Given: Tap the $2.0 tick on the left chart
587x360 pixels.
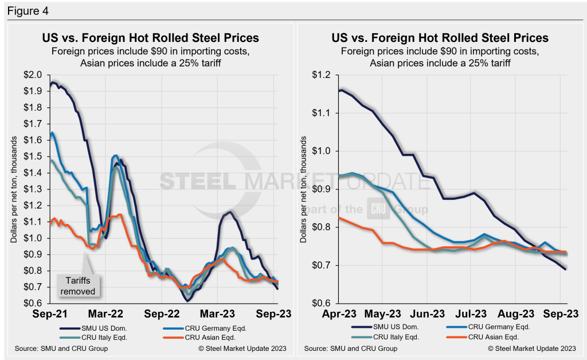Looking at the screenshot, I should [35, 75].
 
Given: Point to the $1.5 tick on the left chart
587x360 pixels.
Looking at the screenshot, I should [35, 156].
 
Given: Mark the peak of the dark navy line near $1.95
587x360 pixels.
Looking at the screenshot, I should [53, 83].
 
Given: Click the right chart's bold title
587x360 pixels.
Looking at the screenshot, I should [440, 38].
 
